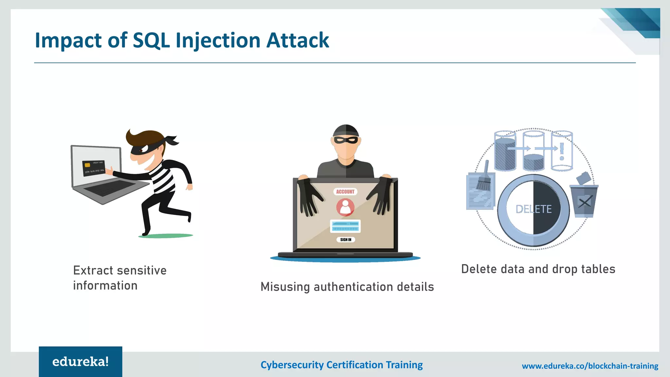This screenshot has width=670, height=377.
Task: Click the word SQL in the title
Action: (151, 40)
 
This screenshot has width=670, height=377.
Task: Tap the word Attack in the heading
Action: (297, 40)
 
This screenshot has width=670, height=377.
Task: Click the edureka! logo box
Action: (80, 362)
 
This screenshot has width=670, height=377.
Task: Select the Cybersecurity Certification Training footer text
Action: (342, 365)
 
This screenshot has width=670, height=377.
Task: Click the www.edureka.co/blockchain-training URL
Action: (590, 366)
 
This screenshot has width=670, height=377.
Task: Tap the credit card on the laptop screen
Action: (94, 168)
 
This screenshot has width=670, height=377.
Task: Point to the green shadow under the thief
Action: (166, 236)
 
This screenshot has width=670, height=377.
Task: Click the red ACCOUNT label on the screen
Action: (345, 192)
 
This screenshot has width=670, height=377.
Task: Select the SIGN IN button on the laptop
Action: (345, 240)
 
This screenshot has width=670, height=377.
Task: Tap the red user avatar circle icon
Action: (345, 207)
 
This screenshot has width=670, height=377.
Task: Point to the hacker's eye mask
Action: (346, 140)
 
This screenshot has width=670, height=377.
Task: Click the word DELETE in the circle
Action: (534, 209)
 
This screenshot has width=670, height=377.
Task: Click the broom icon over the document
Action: (484, 178)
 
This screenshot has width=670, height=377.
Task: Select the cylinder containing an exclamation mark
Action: (562, 151)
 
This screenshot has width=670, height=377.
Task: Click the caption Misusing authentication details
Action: (347, 287)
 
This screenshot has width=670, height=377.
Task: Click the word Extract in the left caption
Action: (93, 271)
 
